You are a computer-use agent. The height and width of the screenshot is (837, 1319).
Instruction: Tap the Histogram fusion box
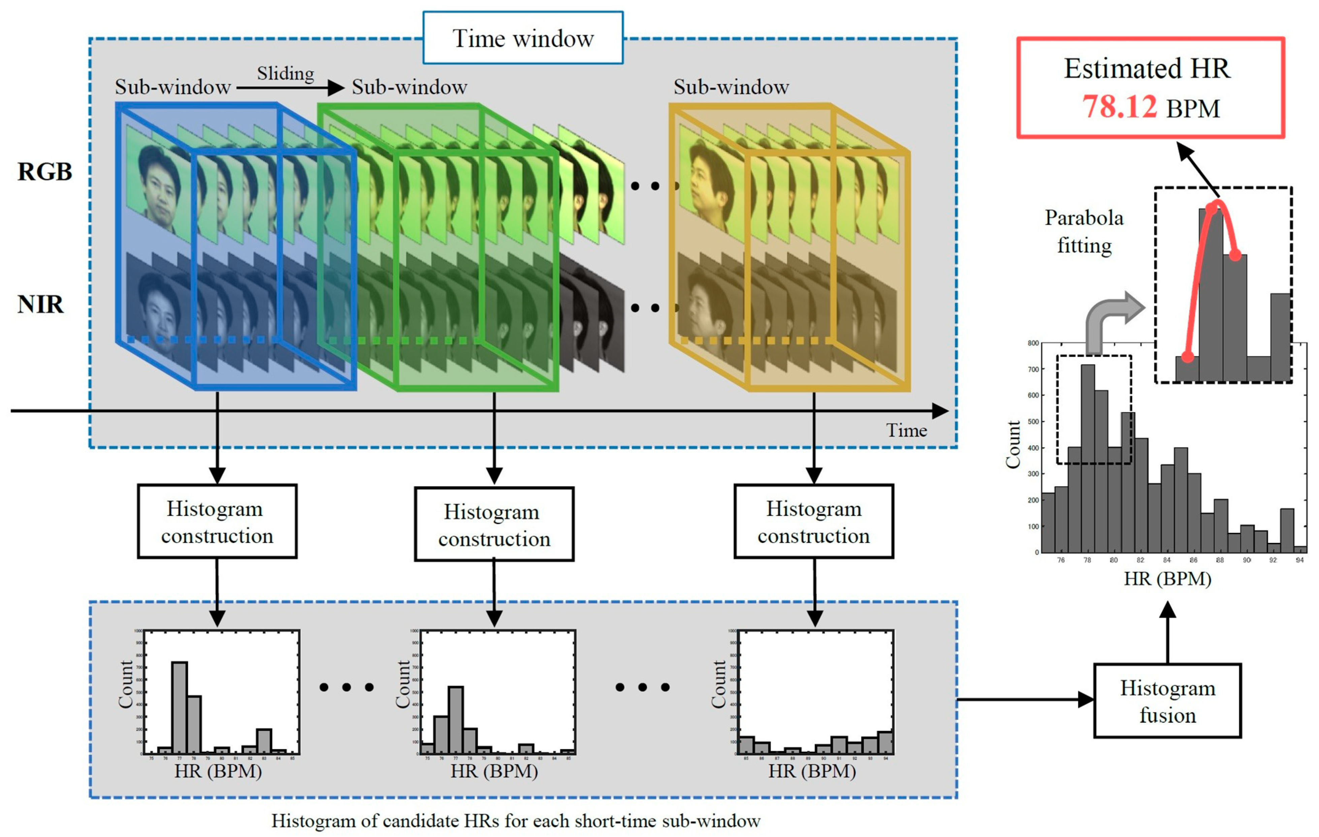pos(1167,701)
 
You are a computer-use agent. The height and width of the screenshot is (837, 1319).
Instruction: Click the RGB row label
pos(45,172)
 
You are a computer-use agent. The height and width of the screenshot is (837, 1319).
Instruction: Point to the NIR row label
pos(40,304)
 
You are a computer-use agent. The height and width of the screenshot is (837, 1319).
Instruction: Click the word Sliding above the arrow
pos(285,73)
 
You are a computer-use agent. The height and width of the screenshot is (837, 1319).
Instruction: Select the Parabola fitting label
pos(1084,231)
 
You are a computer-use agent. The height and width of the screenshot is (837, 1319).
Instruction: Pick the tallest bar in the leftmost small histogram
pos(180,707)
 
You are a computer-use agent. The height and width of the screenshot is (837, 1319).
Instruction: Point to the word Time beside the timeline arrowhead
pos(906,430)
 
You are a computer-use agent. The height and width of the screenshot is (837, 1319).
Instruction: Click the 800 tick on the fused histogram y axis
pos(1033,343)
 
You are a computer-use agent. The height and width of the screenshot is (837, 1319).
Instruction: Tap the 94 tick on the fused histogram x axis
pos(1299,560)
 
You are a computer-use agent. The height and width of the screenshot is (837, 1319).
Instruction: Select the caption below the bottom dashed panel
pos(515,820)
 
